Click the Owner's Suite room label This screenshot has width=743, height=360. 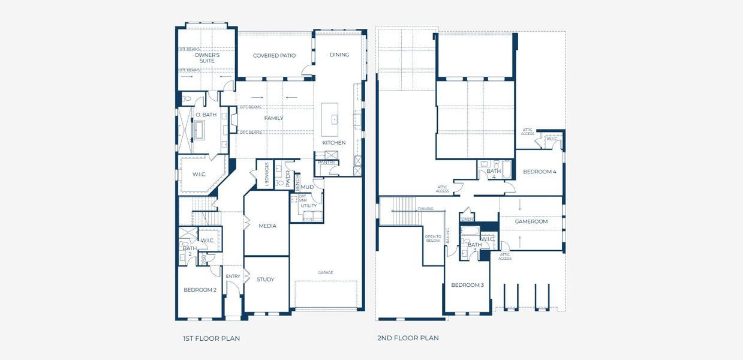coord(207,58)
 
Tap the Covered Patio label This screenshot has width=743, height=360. coord(274,56)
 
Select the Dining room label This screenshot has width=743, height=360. coord(339,55)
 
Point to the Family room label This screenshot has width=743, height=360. coord(273,118)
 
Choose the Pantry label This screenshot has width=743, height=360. coord(327,163)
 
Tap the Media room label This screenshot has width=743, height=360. coord(267,226)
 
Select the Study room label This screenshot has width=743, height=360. coord(266,280)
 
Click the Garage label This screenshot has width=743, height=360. coord(326,272)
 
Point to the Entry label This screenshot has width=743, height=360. coord(233,276)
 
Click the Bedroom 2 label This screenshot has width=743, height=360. coord(200,290)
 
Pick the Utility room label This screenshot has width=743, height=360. coord(309,206)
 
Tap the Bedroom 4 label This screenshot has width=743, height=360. coord(540,172)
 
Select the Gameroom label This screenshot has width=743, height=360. coord(531,221)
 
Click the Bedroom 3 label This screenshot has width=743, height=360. coord(467,285)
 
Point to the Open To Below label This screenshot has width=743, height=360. coord(433,239)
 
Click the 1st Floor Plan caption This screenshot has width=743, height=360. coord(211,338)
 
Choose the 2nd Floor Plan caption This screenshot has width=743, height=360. coord(408,338)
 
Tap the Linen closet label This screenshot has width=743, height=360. coord(467,220)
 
